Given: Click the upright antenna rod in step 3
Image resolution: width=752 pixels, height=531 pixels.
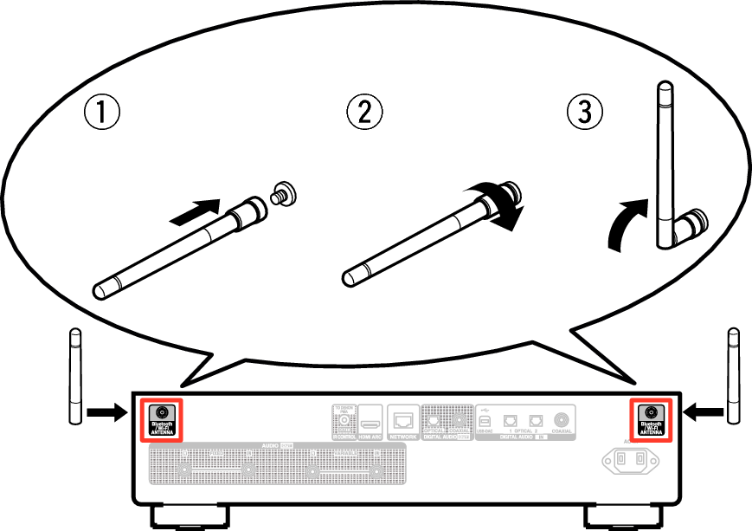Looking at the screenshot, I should click(665, 156).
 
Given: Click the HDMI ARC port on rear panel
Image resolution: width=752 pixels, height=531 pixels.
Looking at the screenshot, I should click(370, 424).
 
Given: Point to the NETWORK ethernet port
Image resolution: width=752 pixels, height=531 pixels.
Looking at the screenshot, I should click(403, 423).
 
